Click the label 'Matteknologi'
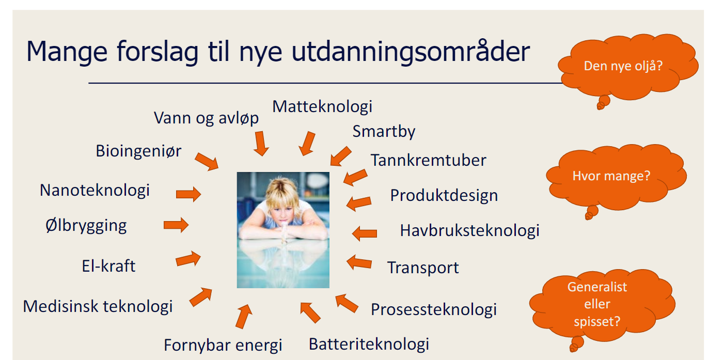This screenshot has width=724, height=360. [322, 106]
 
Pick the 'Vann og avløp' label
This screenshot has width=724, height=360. [206, 118]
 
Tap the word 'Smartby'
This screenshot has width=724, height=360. [384, 132]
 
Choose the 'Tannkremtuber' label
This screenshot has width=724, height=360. [428, 160]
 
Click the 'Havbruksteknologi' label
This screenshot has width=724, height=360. [469, 231]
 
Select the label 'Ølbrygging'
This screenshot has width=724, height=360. [86, 226]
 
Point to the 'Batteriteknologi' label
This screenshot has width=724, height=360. [369, 344]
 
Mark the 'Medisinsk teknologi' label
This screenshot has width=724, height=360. [98, 306]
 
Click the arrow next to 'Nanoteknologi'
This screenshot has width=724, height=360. [188, 194]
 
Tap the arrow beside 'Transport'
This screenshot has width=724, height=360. [359, 262]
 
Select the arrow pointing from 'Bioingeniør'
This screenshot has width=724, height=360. [207, 161]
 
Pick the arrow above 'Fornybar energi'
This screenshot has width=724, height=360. [244, 317]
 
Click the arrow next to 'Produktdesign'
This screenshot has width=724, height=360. [359, 203]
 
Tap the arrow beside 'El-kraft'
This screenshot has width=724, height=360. [188, 259]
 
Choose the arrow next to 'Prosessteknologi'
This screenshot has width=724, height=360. [347, 304]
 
